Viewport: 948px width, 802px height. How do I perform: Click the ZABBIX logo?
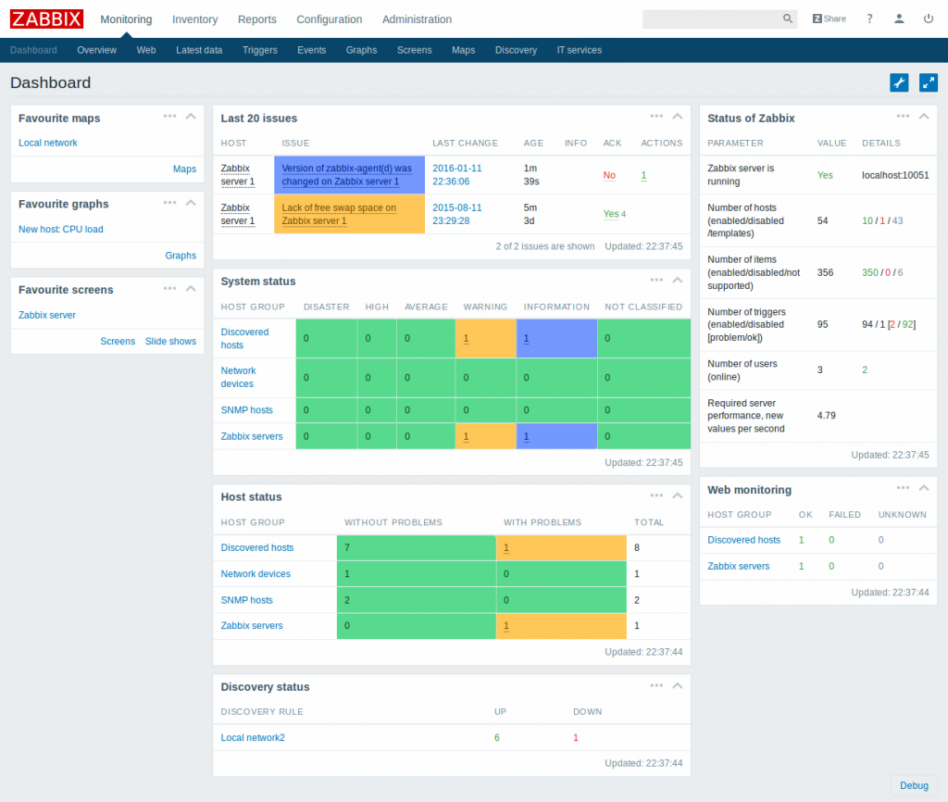[46, 19]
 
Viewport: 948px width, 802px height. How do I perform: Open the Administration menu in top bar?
[417, 19]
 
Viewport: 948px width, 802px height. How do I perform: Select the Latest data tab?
[199, 50]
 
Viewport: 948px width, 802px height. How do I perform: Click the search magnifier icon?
[788, 19]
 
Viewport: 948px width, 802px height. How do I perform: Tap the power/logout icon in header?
[929, 19]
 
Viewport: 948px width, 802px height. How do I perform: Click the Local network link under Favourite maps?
[48, 143]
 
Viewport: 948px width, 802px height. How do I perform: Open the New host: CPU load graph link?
[61, 229]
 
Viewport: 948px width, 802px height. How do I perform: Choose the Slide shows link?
[170, 341]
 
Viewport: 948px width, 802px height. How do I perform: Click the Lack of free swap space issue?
[339, 214]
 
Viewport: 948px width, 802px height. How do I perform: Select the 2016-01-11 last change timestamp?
[457, 175]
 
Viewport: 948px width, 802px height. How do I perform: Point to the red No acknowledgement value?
[609, 175]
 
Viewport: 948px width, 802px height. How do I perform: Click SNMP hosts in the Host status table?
[246, 600]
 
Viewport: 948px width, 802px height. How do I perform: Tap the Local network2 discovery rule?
[253, 737]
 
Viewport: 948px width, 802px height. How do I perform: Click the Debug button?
[914, 785]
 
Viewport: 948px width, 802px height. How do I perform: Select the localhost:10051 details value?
[895, 175]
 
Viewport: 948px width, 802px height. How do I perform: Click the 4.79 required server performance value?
[827, 416]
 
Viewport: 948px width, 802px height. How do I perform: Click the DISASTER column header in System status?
[326, 307]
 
